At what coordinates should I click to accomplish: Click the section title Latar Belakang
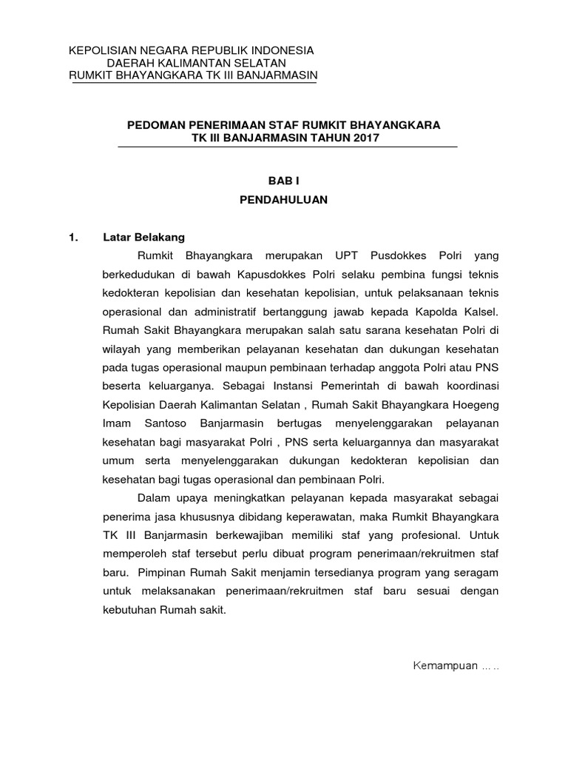tap(143, 238)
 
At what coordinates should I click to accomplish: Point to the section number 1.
tap(72, 238)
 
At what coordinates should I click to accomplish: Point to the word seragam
tap(476, 573)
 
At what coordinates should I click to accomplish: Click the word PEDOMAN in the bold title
tap(153, 125)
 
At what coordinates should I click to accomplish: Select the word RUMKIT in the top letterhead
tap(92, 76)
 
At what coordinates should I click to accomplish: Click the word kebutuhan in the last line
tap(129, 611)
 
